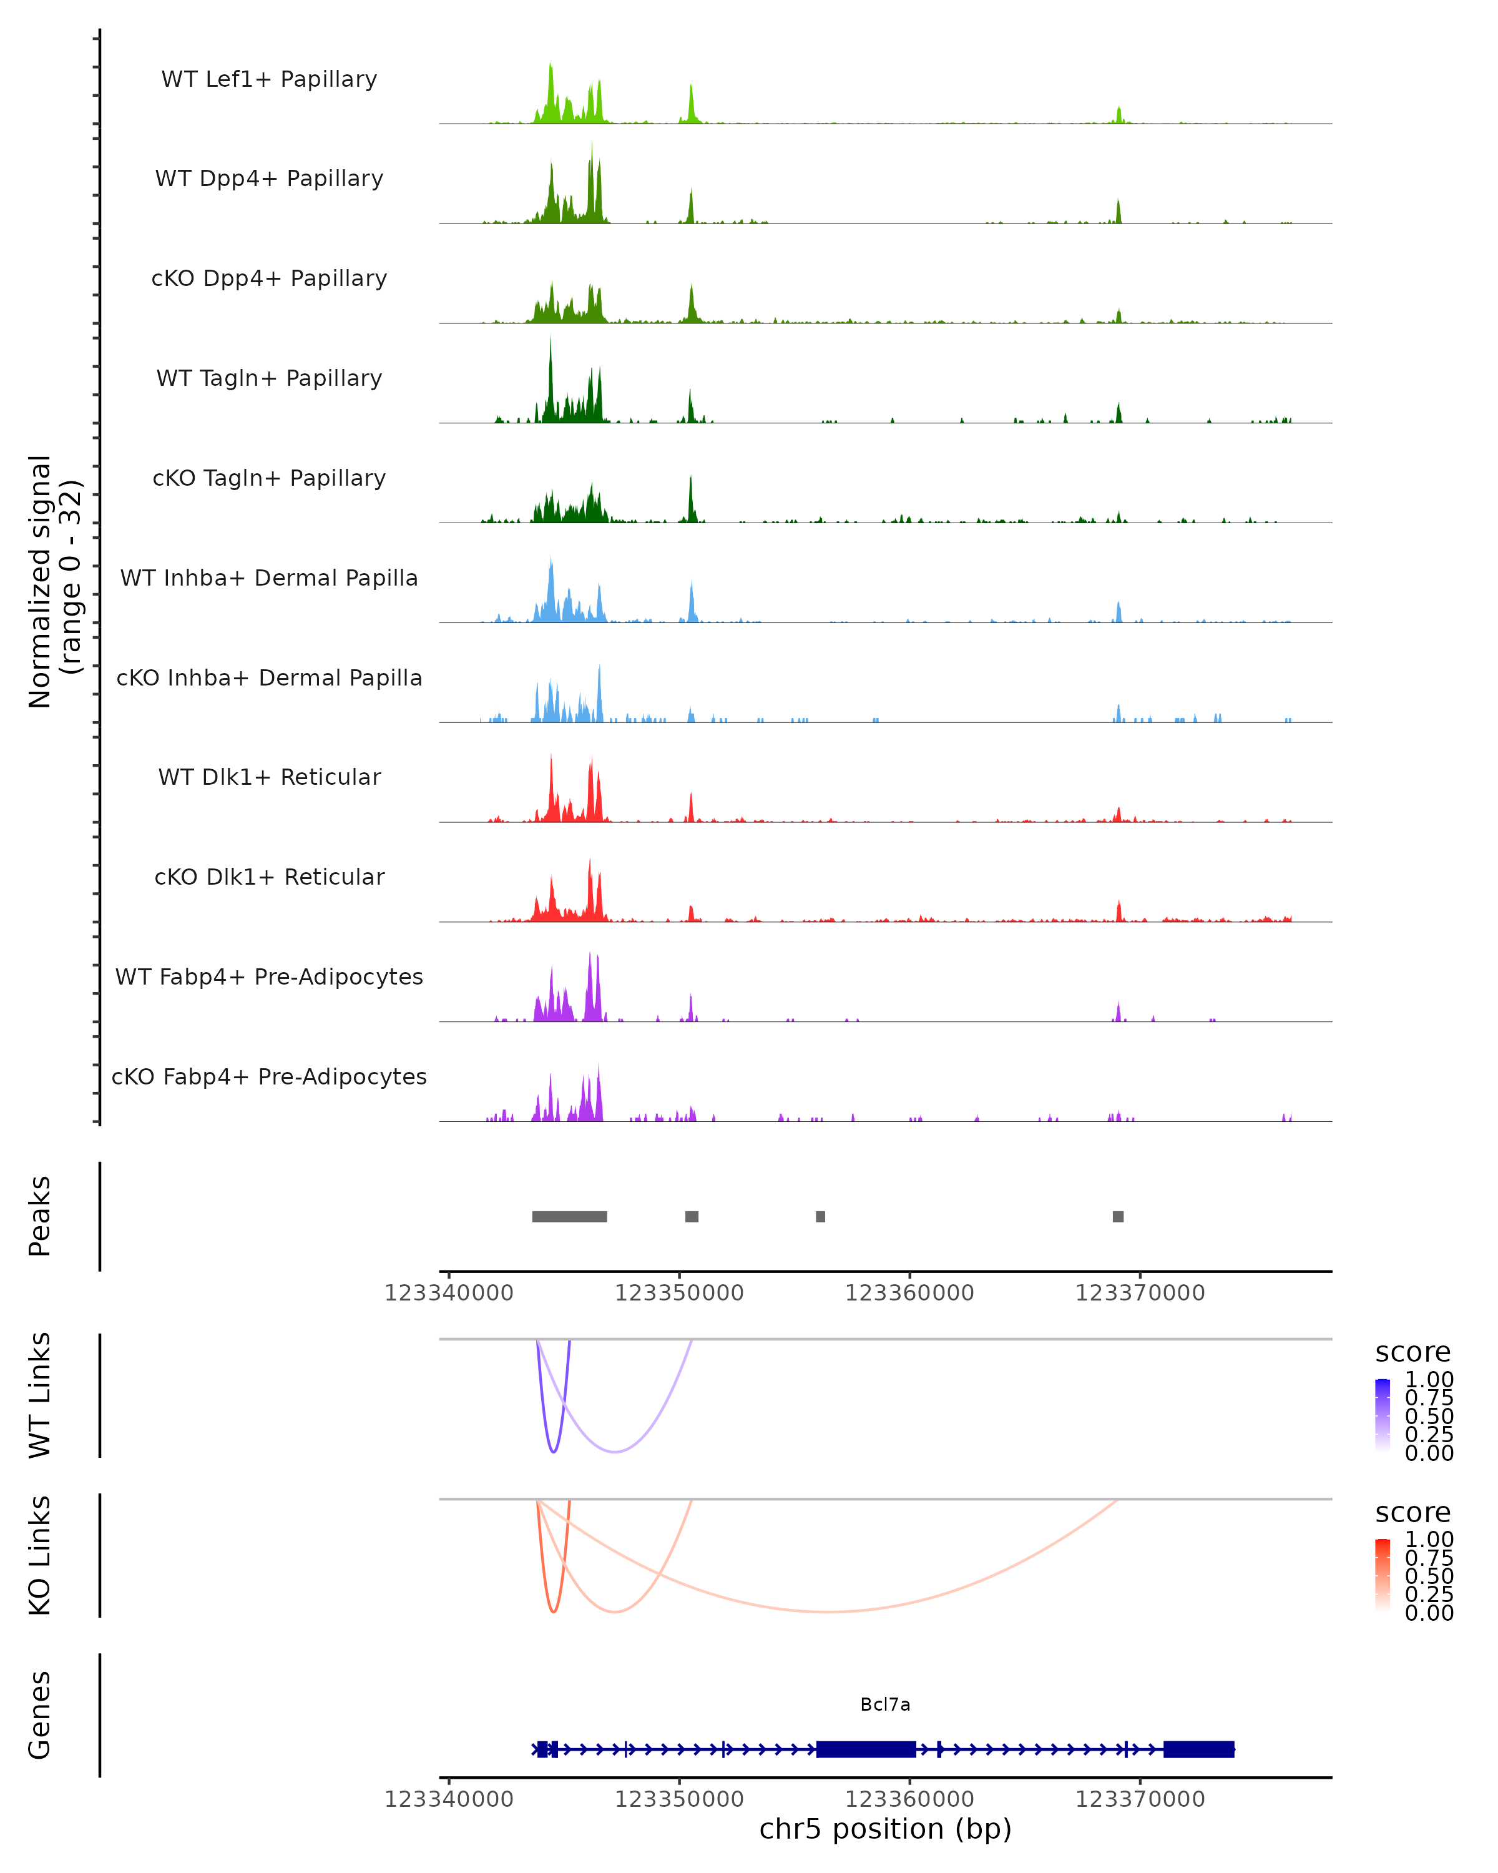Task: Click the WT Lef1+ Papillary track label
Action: tap(269, 79)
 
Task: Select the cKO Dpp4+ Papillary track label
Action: tap(269, 279)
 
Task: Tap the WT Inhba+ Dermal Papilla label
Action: tap(269, 579)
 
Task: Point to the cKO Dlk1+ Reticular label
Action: tap(269, 877)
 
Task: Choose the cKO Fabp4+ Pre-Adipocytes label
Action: tap(269, 1077)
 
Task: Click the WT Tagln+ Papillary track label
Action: tap(269, 379)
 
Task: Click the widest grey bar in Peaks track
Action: tap(570, 1217)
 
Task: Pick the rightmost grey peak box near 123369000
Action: tap(1119, 1217)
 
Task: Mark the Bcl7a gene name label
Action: tap(885, 1704)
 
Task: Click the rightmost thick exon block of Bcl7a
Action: tap(1198, 1749)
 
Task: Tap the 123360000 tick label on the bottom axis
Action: tap(909, 1799)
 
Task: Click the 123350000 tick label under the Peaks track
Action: tap(679, 1294)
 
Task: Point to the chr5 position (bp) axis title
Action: tap(885, 1829)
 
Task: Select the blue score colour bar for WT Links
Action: tap(1383, 1413)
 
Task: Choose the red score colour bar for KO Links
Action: tap(1383, 1573)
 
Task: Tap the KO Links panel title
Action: tap(40, 1556)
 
